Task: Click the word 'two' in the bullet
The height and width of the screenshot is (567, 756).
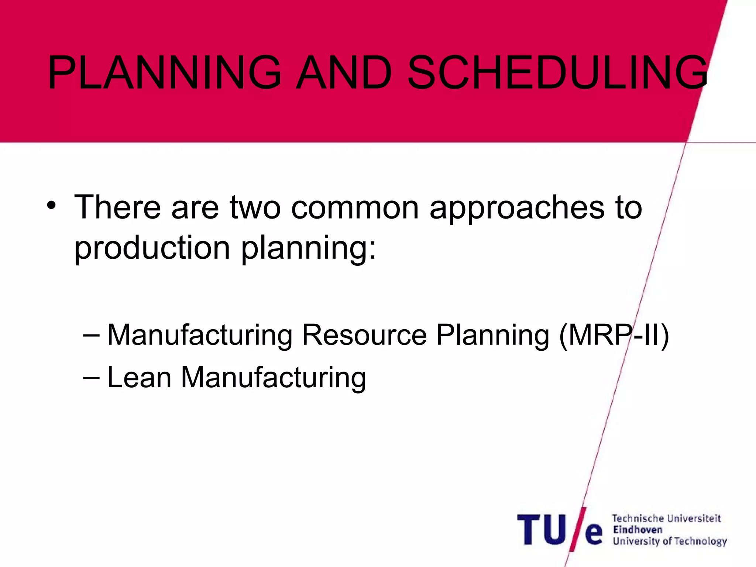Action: click(255, 208)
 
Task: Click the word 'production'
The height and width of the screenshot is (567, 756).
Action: click(152, 248)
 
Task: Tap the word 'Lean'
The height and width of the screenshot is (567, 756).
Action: click(139, 377)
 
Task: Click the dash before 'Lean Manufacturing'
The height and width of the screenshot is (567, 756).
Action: click(91, 378)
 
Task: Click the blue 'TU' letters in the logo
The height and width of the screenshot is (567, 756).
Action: click(542, 530)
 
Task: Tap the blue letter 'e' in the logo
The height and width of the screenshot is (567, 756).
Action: click(594, 534)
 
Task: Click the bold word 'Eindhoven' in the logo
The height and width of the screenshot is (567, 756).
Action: click(638, 530)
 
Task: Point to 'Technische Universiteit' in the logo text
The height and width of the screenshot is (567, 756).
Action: click(666, 519)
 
